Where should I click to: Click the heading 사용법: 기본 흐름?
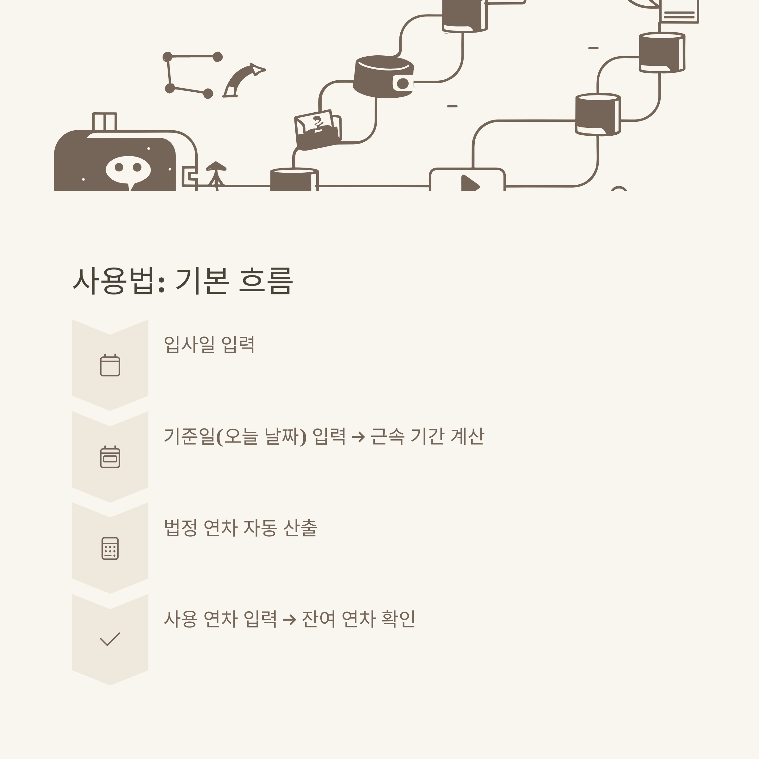[183, 281]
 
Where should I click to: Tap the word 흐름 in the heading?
[266, 281]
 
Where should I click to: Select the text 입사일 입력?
[209, 344]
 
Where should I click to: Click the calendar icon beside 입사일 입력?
[110, 365]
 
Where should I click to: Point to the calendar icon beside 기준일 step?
[110, 457]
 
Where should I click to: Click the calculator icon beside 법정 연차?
[110, 548]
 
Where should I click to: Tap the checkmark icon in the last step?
[110, 639]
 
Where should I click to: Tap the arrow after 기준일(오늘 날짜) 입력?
[358, 437]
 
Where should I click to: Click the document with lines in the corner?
[679, 11]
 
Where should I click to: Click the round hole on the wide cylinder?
[403, 83]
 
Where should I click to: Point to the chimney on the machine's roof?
[104, 121]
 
